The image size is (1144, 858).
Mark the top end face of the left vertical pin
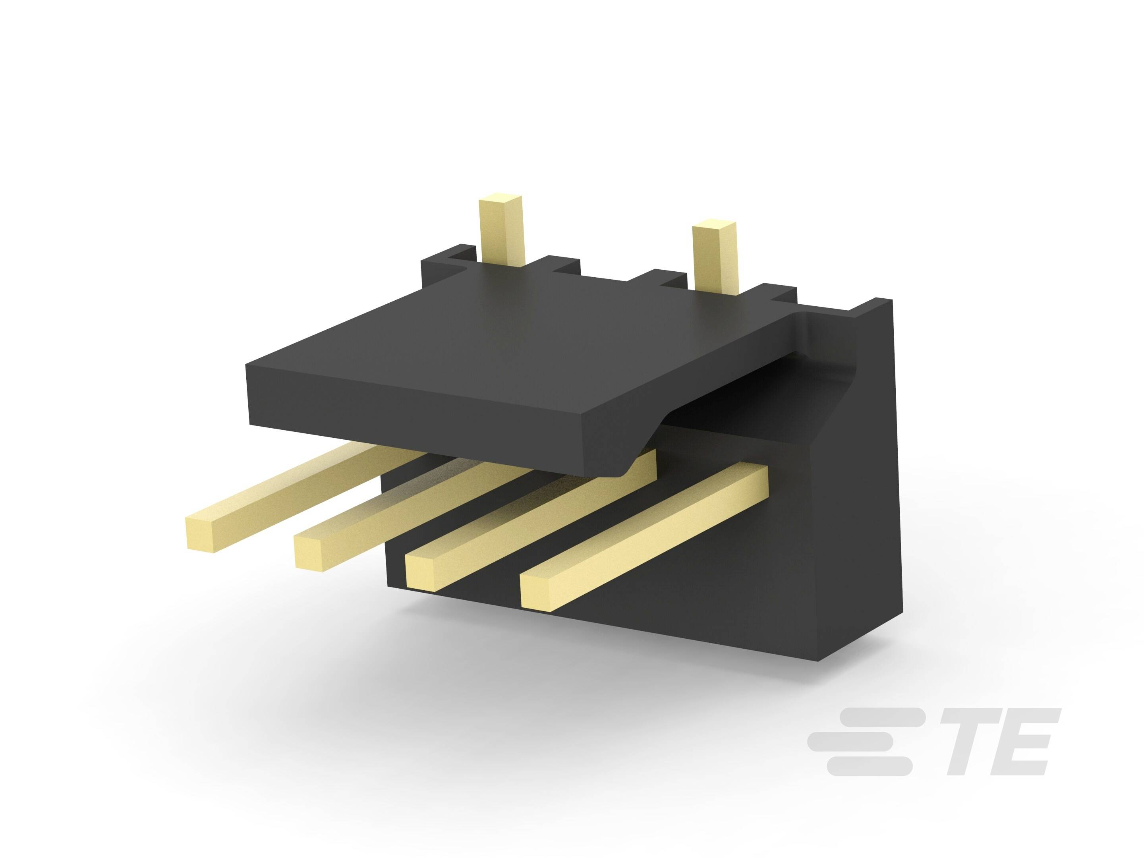tap(500, 200)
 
